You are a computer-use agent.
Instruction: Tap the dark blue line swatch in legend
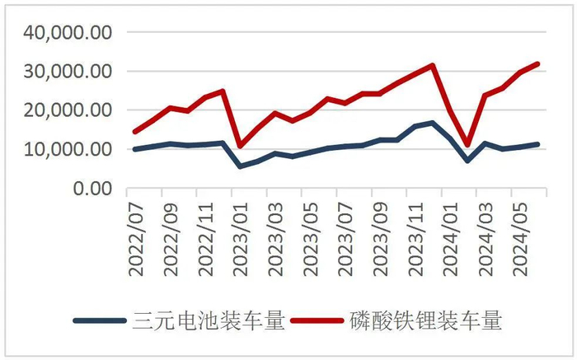99,321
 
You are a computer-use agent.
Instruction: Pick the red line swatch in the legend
317,321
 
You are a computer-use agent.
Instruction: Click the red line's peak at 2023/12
432,65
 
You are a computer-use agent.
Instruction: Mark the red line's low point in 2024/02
467,145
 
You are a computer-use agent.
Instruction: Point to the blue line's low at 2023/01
240,166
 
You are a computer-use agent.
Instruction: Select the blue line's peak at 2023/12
432,123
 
